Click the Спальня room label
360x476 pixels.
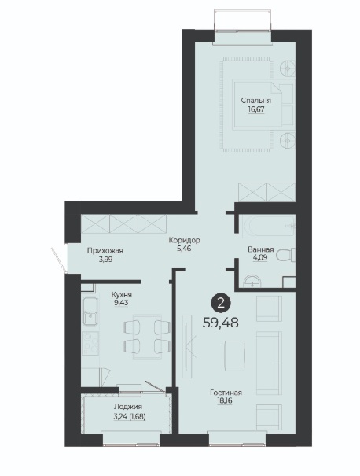click(256, 101)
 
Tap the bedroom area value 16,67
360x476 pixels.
click(256, 109)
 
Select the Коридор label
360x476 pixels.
click(185, 241)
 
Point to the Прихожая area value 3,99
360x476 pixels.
click(105, 260)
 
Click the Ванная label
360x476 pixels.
click(261, 250)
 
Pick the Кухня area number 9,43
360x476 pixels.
click(121, 303)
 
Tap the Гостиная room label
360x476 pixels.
click(226, 393)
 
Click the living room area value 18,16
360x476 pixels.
click(225, 401)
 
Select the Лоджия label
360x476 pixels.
click(128, 407)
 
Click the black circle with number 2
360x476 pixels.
click(221, 303)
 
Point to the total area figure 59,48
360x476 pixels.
click(221, 323)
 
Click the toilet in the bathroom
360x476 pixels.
click(286, 254)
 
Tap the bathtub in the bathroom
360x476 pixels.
click(268, 226)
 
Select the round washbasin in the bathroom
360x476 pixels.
click(252, 281)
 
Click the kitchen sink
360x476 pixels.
click(90, 312)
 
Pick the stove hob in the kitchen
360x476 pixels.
click(90, 343)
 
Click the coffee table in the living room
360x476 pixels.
click(234, 356)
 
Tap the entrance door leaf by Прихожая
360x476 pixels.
click(58, 260)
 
